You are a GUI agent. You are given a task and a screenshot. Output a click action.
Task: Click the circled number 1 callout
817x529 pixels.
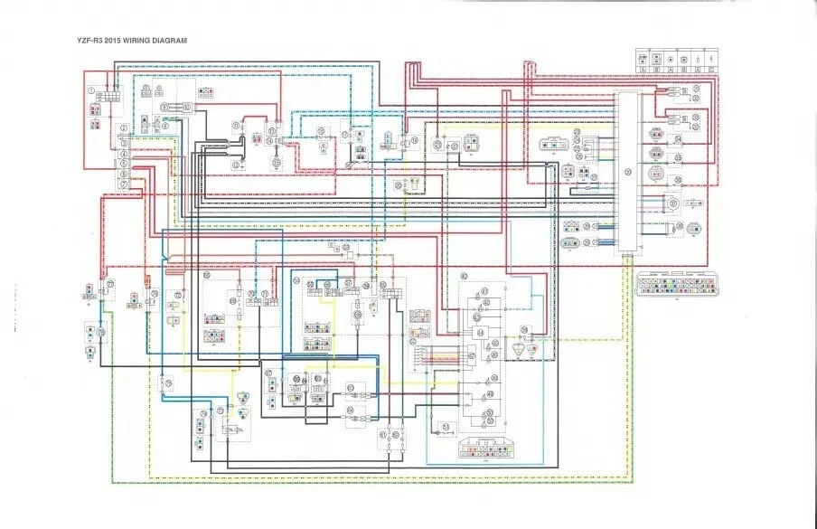pos(92,90)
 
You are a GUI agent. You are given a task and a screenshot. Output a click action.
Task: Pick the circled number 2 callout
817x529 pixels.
pos(123,129)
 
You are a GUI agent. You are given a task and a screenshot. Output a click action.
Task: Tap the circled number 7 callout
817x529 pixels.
pos(123,184)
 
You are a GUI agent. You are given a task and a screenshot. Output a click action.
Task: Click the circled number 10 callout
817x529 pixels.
pos(187,107)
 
